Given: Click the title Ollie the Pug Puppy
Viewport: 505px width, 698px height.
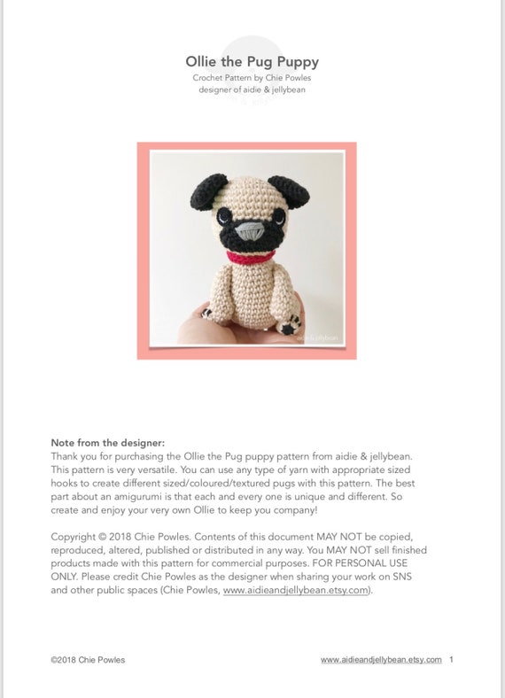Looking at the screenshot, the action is [252, 62].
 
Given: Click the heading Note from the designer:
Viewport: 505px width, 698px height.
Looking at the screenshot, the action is [108, 442].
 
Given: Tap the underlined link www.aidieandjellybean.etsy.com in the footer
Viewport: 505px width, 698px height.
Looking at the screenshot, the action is [381, 660].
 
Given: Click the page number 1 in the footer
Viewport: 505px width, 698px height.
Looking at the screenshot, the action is [452, 660].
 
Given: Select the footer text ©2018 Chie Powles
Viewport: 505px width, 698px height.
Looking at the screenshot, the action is [89, 660].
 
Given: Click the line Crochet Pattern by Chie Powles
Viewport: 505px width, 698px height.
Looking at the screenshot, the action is [252, 78].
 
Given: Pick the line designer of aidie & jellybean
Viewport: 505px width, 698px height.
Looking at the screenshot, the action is [252, 89].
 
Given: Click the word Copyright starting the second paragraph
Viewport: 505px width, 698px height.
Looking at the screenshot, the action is [74, 537].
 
